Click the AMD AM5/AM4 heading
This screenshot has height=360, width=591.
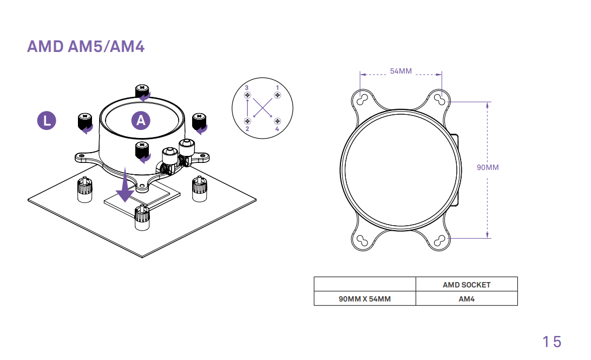(86, 47)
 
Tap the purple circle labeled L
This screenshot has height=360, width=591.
(47, 121)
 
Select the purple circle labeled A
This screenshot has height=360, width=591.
(141, 120)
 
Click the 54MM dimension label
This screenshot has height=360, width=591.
(400, 71)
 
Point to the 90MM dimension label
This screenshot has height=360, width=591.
(488, 167)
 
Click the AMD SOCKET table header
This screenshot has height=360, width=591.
(467, 285)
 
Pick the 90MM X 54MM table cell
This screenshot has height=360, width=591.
(364, 299)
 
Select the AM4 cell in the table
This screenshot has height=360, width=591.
(467, 299)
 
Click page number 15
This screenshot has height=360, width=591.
(552, 342)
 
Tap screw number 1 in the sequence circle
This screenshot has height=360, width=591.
(278, 95)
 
